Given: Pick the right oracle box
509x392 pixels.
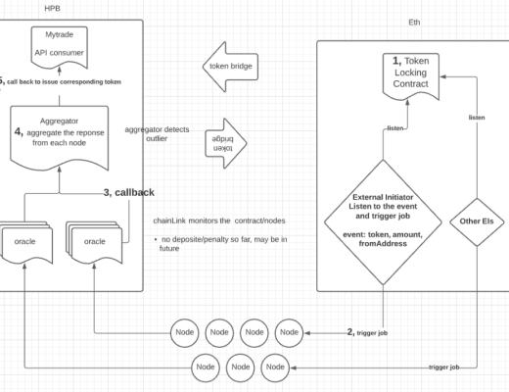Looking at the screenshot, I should (96, 241).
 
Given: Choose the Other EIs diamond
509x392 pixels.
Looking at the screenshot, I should (475, 221).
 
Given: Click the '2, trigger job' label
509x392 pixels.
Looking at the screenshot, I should (367, 333).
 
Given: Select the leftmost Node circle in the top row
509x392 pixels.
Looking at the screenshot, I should (185, 331).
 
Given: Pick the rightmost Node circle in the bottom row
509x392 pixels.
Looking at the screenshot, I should (275, 367).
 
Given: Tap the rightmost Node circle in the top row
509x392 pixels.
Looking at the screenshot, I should (289, 331).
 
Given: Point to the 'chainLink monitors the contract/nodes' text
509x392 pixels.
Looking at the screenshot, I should (206, 221).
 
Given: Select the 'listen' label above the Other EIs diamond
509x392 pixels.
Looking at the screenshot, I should (476, 118).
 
